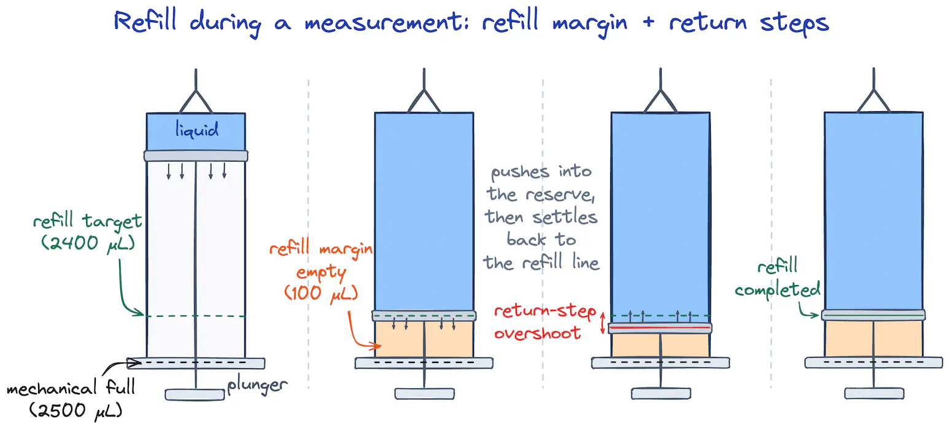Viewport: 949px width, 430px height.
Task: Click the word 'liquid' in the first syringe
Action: click(x=197, y=130)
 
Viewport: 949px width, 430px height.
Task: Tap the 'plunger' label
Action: click(x=257, y=386)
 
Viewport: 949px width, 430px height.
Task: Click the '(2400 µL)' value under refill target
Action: click(x=88, y=244)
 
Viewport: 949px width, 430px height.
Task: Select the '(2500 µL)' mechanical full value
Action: click(x=76, y=411)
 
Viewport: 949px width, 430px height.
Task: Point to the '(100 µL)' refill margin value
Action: click(x=320, y=293)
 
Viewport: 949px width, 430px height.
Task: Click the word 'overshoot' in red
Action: click(x=537, y=334)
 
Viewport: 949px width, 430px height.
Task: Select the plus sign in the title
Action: click(x=648, y=22)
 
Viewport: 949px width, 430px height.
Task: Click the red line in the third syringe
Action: click(x=660, y=328)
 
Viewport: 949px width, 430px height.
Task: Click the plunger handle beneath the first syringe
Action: click(x=195, y=395)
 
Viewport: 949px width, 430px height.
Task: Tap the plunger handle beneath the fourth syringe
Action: click(x=874, y=393)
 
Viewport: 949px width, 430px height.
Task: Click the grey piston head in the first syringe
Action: click(x=196, y=155)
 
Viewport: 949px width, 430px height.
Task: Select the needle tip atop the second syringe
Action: click(x=424, y=69)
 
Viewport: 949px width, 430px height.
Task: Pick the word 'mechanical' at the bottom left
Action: click(x=52, y=388)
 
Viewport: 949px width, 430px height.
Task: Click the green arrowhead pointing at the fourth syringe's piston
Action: click(x=814, y=315)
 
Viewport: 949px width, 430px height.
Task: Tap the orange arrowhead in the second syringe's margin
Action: click(x=376, y=346)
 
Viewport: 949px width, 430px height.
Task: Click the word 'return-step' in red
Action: click(x=545, y=311)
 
